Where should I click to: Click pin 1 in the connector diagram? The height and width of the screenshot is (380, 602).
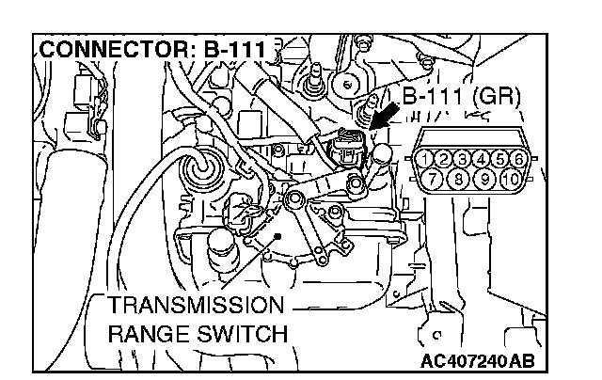pyautogui.click(x=428, y=157)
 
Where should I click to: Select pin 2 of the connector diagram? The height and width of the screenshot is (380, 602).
pyautogui.click(x=446, y=157)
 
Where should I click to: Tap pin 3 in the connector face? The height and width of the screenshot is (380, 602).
pyautogui.click(x=464, y=157)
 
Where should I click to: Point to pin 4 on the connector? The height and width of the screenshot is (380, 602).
pyautogui.click(x=481, y=157)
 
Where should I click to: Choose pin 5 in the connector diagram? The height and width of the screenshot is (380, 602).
pyautogui.click(x=498, y=157)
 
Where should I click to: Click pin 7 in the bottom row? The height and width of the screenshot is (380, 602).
pyautogui.click(x=436, y=176)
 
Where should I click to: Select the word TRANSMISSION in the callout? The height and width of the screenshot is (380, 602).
pyautogui.click(x=194, y=307)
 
